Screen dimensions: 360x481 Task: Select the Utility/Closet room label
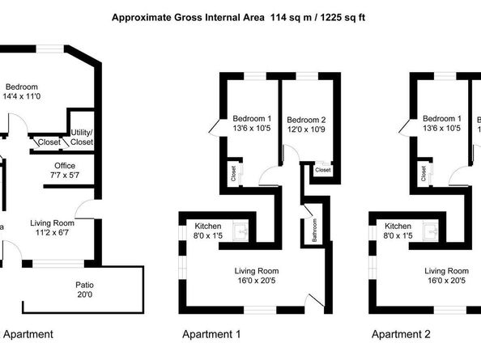tap(82, 137)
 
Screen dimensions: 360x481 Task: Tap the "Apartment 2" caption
tap(401, 333)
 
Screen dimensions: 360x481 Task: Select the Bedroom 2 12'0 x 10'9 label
tap(307, 124)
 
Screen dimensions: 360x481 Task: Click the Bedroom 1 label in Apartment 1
tap(252, 122)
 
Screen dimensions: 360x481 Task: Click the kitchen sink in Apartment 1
tap(240, 232)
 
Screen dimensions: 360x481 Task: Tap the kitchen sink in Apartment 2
tap(430, 232)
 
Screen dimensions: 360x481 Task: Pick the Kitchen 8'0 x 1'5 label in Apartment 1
tap(208, 231)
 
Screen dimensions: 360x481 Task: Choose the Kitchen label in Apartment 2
tap(398, 231)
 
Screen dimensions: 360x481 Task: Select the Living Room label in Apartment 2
tap(446, 276)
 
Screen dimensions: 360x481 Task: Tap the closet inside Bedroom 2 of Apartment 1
tap(321, 171)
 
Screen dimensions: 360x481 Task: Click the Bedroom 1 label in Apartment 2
tap(442, 122)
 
